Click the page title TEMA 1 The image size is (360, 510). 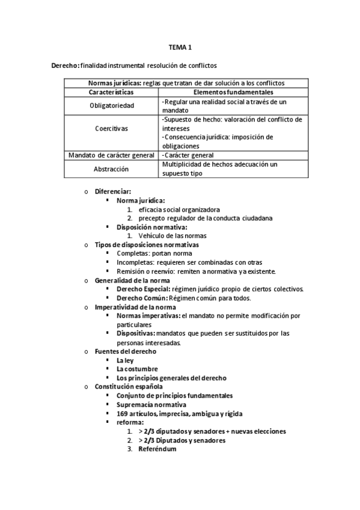click(x=180, y=48)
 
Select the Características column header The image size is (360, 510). click(x=113, y=93)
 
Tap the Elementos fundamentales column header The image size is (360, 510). click(x=234, y=93)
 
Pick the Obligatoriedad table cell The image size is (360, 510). click(x=113, y=106)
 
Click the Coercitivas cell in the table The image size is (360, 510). click(x=113, y=128)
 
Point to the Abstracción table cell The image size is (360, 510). click(x=113, y=169)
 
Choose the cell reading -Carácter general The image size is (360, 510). click(x=188, y=155)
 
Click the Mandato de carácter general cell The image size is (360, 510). click(x=113, y=155)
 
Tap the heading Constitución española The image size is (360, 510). click(x=129, y=386)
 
